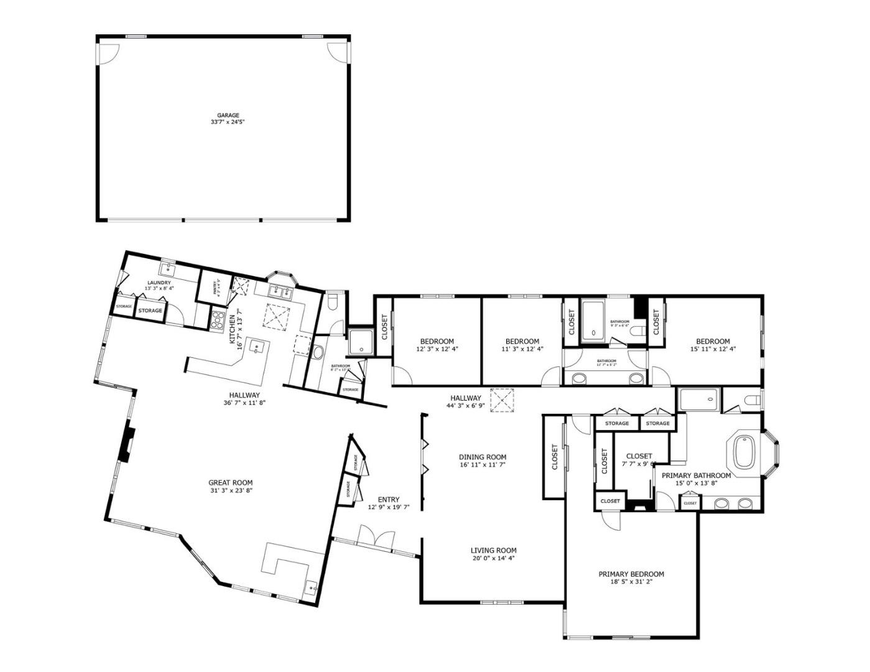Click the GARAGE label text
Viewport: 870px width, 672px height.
(228, 115)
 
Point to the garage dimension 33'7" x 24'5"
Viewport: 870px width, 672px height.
(228, 123)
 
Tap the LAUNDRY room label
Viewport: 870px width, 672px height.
(159, 282)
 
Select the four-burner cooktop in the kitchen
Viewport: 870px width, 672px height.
(218, 319)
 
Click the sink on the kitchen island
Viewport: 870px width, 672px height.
(256, 347)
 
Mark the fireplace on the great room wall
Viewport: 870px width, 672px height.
(126, 442)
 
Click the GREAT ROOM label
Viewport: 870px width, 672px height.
(230, 482)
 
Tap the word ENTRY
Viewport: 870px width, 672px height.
(389, 499)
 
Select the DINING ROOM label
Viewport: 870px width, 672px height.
(483, 457)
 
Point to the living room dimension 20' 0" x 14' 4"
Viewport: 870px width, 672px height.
(493, 558)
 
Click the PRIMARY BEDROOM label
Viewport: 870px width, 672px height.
(631, 574)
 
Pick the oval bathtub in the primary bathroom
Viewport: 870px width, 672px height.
(743, 452)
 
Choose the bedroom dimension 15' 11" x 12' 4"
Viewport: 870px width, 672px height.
(713, 349)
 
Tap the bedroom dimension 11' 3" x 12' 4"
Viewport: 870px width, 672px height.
(522, 349)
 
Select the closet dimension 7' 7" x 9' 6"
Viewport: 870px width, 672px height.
(639, 464)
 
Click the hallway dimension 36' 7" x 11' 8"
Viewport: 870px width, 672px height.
(244, 403)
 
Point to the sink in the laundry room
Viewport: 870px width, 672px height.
(167, 269)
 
